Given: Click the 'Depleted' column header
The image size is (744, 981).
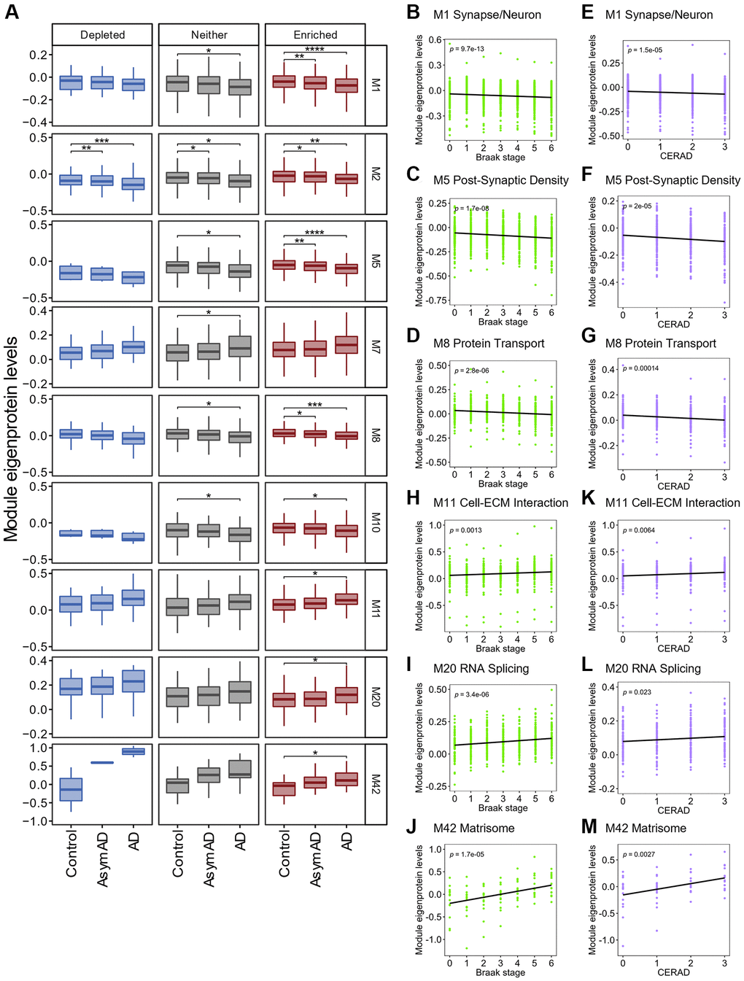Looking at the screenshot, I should (x=102, y=35).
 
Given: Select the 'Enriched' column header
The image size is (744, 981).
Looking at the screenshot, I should (x=315, y=35).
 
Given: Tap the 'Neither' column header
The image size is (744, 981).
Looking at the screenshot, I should (x=209, y=35).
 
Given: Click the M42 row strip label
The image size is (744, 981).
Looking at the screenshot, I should (x=376, y=784).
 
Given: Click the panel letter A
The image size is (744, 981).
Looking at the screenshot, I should (x=12, y=12).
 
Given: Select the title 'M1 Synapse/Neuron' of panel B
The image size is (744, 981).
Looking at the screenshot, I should (x=487, y=15).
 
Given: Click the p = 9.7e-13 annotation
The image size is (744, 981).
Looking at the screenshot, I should (x=467, y=49).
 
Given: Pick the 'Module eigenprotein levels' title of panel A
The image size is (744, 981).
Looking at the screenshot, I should (x=11, y=438).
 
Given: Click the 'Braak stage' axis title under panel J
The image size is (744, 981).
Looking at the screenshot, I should (x=500, y=972).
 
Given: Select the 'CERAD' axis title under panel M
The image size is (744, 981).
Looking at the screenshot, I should (x=673, y=972).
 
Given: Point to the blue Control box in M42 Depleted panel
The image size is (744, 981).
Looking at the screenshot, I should (x=71, y=789).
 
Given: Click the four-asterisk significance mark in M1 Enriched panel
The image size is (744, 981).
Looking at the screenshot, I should (x=314, y=50).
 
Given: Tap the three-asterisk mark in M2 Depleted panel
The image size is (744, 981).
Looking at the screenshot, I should (x=101, y=141).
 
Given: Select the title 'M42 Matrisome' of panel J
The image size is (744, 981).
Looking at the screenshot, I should (x=473, y=829).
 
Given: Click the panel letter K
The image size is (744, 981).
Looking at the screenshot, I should (x=588, y=498).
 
